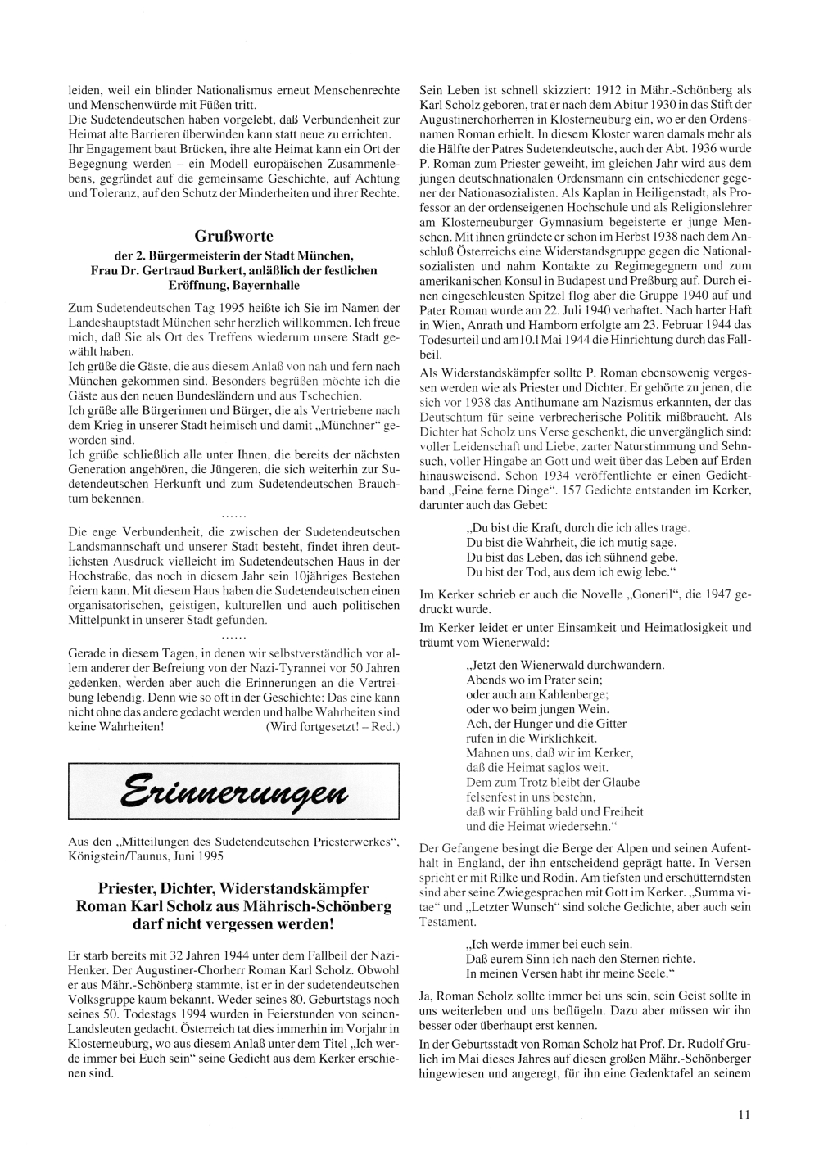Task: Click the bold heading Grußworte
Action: click(234, 237)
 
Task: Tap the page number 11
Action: click(743, 1113)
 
